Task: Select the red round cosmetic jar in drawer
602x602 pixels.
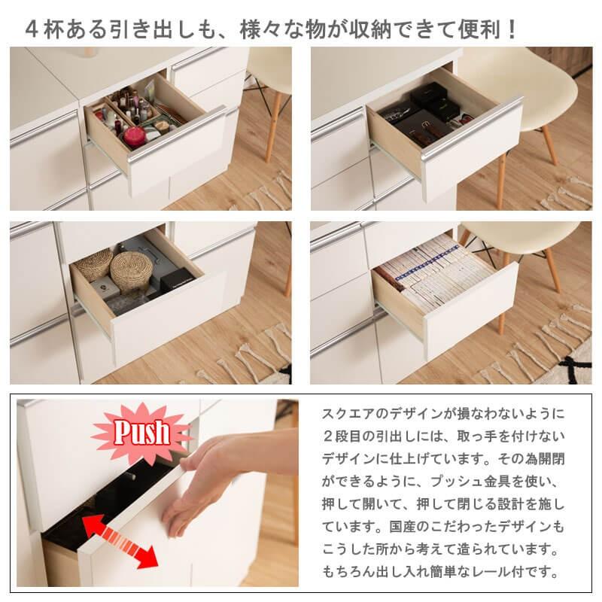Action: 135,136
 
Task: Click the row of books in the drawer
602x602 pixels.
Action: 436,271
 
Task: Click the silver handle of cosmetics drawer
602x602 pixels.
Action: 177,135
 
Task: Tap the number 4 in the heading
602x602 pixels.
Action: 32,30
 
